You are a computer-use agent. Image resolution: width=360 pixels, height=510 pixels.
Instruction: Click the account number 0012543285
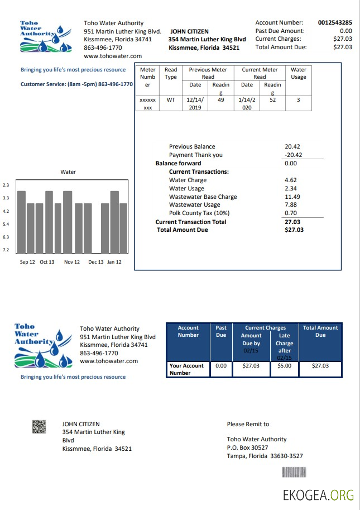tap(335, 23)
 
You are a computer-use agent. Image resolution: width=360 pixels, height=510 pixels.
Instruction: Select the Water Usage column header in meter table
tap(299, 73)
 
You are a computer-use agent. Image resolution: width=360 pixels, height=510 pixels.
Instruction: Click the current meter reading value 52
tap(272, 100)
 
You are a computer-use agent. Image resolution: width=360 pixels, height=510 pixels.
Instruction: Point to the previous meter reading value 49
tap(221, 100)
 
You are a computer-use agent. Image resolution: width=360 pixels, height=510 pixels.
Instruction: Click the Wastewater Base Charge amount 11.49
tap(292, 197)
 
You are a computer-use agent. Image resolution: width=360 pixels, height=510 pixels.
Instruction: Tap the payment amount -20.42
tap(292, 155)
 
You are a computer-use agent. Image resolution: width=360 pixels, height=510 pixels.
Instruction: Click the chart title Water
tap(68, 172)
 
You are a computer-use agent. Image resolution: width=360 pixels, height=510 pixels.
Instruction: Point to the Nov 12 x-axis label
tap(72, 262)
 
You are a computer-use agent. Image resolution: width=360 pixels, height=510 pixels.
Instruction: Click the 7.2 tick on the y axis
tap(6, 250)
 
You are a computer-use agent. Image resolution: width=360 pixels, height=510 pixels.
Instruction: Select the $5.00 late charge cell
tap(284, 366)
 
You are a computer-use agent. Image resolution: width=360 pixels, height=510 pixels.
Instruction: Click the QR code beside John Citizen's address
tap(39, 427)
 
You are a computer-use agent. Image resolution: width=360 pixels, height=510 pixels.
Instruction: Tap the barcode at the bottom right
tap(294, 472)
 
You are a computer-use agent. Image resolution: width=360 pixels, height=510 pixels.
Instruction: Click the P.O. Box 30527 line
tap(247, 447)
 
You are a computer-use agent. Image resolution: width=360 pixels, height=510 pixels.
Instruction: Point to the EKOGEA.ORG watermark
tap(318, 495)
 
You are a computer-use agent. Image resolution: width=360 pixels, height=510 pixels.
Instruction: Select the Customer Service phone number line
tap(76, 84)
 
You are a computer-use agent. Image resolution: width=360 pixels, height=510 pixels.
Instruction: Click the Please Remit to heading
tap(248, 424)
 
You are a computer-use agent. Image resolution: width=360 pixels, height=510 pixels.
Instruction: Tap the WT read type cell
tap(171, 100)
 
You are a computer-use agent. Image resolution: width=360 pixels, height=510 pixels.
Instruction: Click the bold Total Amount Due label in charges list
tap(183, 230)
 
